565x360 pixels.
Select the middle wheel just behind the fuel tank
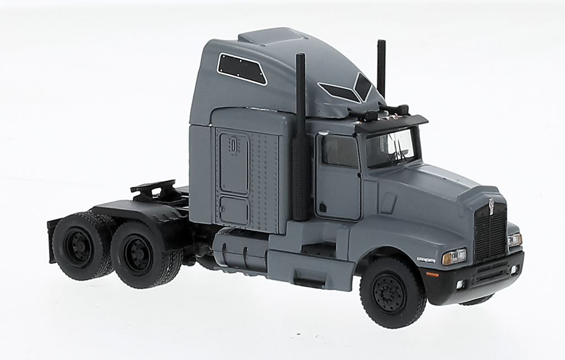click(x=140, y=255)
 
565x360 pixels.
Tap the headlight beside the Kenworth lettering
click(x=454, y=257)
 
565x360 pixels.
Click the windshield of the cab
click(x=391, y=147)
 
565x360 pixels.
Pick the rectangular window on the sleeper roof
click(x=242, y=68)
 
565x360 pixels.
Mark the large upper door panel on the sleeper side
click(x=234, y=163)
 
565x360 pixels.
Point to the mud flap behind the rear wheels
click(x=52, y=241)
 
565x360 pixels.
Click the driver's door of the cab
click(x=338, y=177)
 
